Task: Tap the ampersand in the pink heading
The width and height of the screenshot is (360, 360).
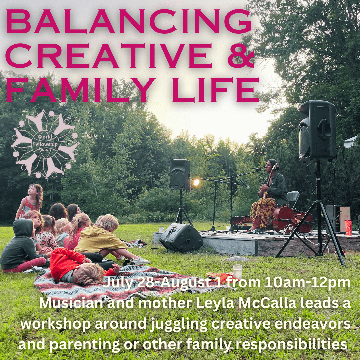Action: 241,56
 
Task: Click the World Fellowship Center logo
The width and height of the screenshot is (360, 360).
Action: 45,144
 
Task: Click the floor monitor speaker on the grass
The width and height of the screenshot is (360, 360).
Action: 181,237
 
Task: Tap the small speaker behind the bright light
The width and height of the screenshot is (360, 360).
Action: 180,174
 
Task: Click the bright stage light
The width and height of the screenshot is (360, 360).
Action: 196,182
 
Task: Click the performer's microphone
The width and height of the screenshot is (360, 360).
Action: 258,169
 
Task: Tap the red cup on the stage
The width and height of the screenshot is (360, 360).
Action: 348,227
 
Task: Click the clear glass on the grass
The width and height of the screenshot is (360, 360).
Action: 237,271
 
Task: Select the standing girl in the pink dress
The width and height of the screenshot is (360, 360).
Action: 30,201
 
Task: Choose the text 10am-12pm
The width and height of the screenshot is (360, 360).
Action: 307,283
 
